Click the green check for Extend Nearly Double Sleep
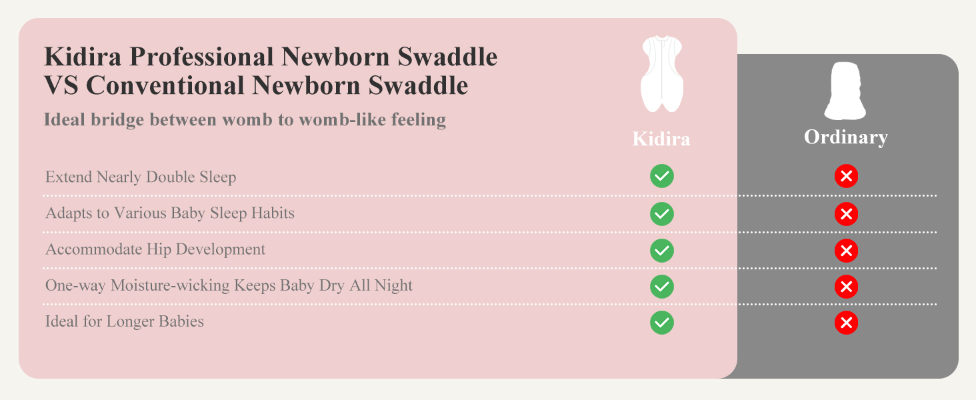click(x=662, y=176)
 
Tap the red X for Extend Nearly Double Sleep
click(x=846, y=176)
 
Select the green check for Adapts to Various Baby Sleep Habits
click(x=662, y=214)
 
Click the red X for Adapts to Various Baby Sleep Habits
click(x=846, y=214)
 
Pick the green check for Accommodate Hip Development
click(x=662, y=251)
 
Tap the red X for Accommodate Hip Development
click(x=846, y=251)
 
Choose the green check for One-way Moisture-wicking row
click(x=662, y=287)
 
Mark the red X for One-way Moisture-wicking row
click(x=846, y=287)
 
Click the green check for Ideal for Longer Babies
click(x=662, y=323)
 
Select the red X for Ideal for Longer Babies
click(x=846, y=323)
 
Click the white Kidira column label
click(x=661, y=139)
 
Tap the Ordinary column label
click(x=845, y=137)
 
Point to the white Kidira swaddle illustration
click(x=661, y=73)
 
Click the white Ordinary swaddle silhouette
click(x=845, y=91)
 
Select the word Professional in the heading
click(x=201, y=57)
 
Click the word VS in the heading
click(x=61, y=86)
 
